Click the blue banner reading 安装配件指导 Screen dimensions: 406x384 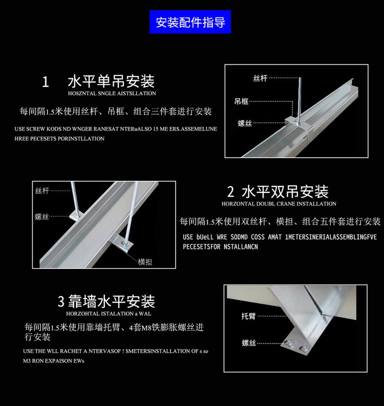click(190, 23)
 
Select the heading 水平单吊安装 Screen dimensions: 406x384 click(111, 81)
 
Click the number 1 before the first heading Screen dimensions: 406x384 click(45, 82)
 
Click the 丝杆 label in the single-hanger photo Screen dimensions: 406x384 click(260, 78)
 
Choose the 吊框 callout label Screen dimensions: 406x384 click(242, 101)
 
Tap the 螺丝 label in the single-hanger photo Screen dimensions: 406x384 click(245, 123)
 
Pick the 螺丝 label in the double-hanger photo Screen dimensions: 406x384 click(42, 217)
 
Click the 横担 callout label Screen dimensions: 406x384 click(145, 262)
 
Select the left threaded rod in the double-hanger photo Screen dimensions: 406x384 click(76, 200)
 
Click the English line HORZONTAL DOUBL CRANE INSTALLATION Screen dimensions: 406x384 click(279, 204)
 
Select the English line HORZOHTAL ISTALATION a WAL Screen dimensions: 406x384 click(109, 313)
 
